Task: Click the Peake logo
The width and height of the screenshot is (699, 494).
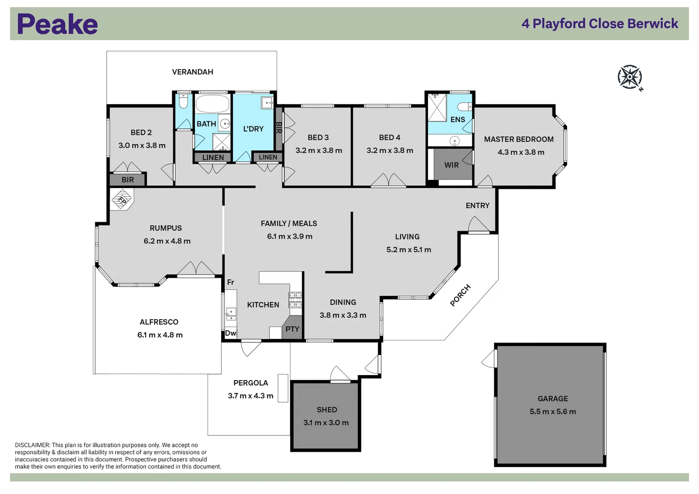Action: pos(57,24)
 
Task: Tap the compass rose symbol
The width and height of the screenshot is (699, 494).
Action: pos(629,77)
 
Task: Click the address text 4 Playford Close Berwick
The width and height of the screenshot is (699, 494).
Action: pos(600,24)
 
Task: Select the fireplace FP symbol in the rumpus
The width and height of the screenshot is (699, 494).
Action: pos(122,200)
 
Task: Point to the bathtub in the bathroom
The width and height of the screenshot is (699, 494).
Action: pos(212,104)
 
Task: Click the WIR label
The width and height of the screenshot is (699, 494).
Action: pos(451,165)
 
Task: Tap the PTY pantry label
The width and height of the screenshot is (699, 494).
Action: pos(292,329)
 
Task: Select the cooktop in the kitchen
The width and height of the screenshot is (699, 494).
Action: pos(295,300)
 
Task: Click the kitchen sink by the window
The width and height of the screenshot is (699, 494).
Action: pos(231,314)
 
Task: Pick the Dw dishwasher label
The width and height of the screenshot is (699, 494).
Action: pos(230,333)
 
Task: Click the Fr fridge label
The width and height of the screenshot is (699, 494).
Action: pos(230,282)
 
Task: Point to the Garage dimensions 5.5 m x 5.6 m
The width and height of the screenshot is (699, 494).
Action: pos(553,412)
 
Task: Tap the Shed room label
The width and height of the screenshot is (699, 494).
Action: pos(327,410)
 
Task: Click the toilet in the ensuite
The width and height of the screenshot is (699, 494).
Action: pos(464,107)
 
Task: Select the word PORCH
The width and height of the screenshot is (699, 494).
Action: pos(460,295)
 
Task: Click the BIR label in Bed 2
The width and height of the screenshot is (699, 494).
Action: pos(128,180)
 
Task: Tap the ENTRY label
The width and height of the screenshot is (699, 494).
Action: pos(477,206)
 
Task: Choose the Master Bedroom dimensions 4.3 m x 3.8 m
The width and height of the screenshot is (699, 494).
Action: pos(521,152)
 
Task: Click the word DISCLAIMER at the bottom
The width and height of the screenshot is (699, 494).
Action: pos(32,445)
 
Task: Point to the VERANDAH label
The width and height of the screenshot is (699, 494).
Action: pos(192,72)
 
